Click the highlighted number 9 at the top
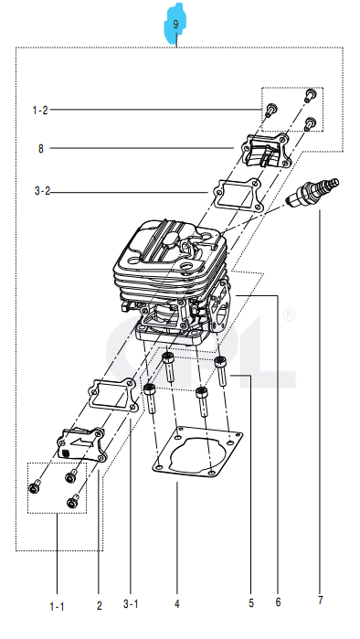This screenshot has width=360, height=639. (176, 25)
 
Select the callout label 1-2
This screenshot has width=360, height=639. (40, 111)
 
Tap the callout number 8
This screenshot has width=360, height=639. (41, 148)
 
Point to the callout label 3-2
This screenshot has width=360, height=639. (42, 192)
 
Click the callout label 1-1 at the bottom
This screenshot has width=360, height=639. (57, 605)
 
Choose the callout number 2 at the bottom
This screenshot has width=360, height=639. (99, 605)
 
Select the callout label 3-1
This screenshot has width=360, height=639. (131, 603)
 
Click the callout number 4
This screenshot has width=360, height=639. (177, 604)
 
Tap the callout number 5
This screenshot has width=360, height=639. (250, 602)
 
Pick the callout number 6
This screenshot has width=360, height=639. (278, 602)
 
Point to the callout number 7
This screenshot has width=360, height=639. (320, 601)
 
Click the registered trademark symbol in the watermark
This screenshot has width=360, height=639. (289, 314)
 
